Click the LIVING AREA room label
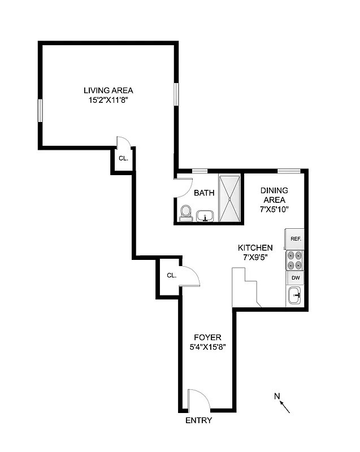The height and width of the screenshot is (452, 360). (x=108, y=90)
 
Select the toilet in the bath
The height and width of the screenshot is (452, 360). (x=185, y=213)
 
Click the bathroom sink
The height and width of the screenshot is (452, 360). (x=205, y=215)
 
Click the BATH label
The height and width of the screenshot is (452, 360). (x=204, y=193)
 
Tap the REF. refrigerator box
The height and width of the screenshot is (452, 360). (x=296, y=238)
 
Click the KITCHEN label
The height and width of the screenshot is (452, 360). (x=255, y=247)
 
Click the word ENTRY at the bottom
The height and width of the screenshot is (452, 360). (x=199, y=420)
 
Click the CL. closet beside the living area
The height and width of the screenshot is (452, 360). (x=123, y=158)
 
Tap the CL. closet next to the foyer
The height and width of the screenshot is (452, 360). (x=172, y=276)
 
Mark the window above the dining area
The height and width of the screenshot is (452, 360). (x=288, y=171)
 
